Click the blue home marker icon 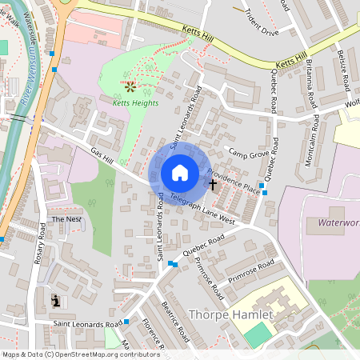point(180,172)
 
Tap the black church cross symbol point(213,185)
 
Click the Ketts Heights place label point(129,102)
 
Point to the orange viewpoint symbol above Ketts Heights point(130,84)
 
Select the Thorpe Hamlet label point(230,314)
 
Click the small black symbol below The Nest point(55,300)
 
